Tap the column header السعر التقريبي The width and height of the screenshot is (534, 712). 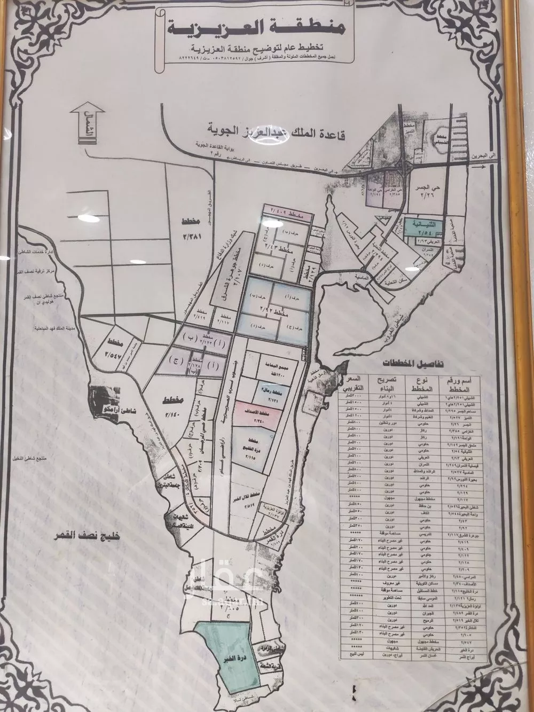click(x=351, y=385)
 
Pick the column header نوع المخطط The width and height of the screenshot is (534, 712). click(x=419, y=385)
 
